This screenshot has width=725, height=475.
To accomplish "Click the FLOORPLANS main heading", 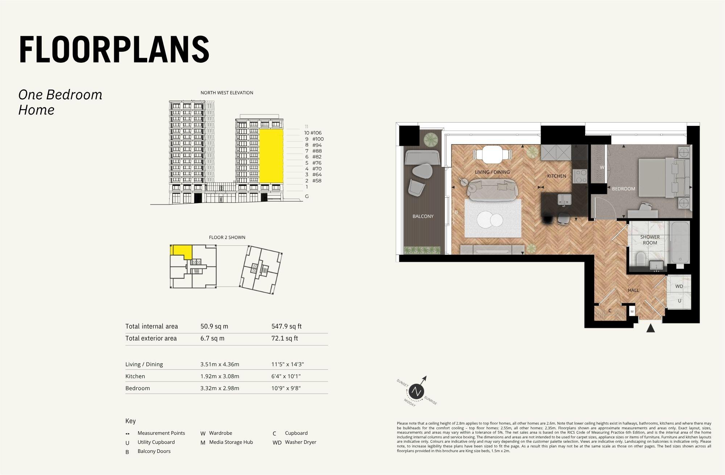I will point(114,50).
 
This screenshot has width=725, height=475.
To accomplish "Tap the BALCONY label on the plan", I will point(423,216).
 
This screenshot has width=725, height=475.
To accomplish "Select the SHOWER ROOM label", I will point(650,240).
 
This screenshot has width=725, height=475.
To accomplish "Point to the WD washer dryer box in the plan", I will point(679,286).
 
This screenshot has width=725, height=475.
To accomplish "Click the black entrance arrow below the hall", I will point(651,328).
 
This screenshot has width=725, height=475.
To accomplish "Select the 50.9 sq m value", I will point(214,326).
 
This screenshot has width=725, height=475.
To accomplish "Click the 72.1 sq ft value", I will point(285,338).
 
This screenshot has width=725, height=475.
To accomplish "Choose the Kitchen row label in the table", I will point(135,376).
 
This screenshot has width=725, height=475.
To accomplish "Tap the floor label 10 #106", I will point(313,133).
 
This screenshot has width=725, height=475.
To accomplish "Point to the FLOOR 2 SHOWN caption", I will point(227,237).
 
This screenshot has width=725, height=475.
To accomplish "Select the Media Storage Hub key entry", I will point(231,442).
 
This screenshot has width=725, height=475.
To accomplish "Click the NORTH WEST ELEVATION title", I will point(227,92).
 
